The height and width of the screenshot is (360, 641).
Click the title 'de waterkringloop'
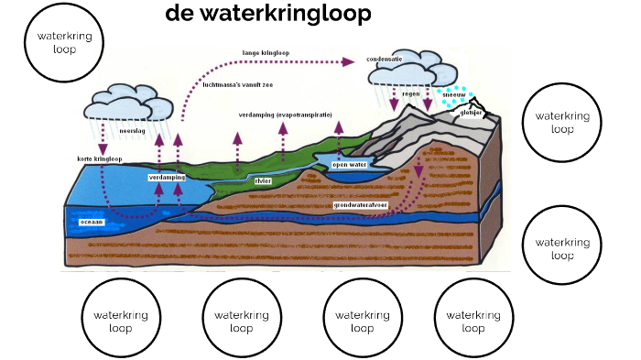tap(255, 14)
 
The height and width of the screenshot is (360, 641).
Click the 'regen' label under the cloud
tap(411, 93)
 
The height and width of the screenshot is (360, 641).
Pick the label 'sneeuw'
tap(453, 94)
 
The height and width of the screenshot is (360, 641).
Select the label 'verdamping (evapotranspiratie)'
tap(285, 115)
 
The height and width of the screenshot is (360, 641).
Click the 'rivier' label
tap(264, 180)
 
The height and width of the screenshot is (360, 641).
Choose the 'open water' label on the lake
tap(348, 166)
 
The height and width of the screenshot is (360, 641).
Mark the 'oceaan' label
tap(92, 222)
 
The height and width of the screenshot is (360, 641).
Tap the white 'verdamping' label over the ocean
tap(168, 177)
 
